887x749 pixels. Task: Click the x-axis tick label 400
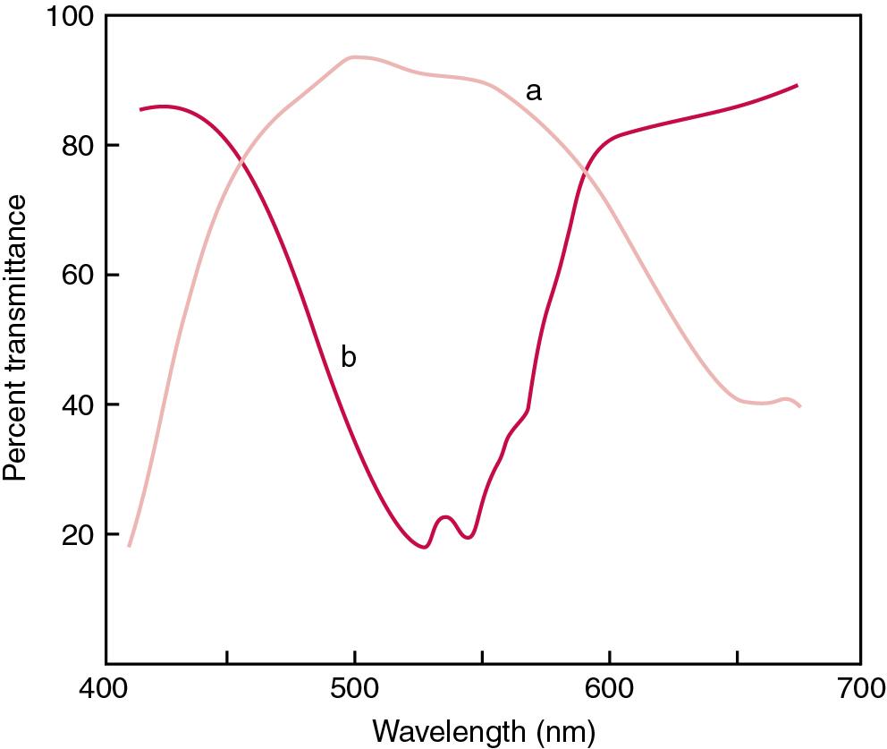tap(106, 690)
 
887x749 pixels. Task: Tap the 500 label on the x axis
tap(355, 690)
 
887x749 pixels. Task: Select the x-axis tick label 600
tap(609, 690)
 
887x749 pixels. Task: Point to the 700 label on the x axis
tap(860, 690)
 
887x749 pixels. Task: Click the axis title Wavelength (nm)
tap(483, 731)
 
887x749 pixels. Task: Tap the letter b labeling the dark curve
tap(349, 357)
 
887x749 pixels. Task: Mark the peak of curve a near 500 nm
tap(355, 57)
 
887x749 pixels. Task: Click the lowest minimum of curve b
tap(424, 547)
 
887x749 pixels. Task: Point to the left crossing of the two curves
tap(241, 162)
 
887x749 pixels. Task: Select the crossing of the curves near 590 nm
tap(583, 168)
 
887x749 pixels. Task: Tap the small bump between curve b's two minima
tap(445, 517)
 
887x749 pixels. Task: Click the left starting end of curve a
tap(130, 545)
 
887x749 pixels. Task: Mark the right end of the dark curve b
tap(797, 85)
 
